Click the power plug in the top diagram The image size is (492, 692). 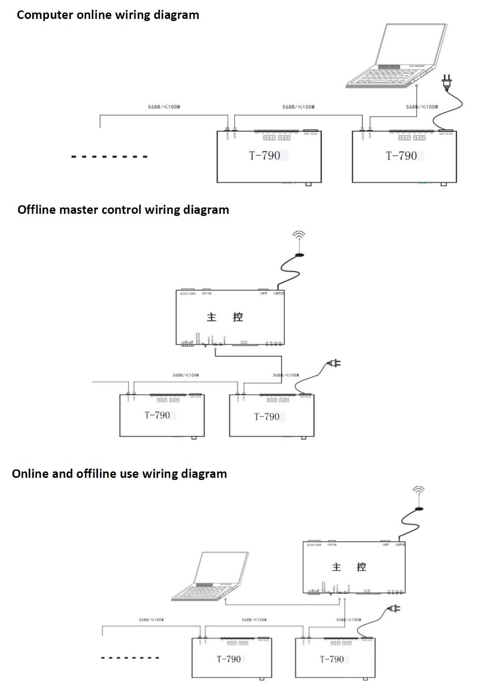click(446, 84)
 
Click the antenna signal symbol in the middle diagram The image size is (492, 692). click(298, 241)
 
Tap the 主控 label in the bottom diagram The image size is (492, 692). click(349, 567)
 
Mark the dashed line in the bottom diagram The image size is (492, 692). click(130, 657)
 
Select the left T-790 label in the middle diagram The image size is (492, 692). click(157, 415)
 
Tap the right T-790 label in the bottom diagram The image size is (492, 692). click(332, 659)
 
